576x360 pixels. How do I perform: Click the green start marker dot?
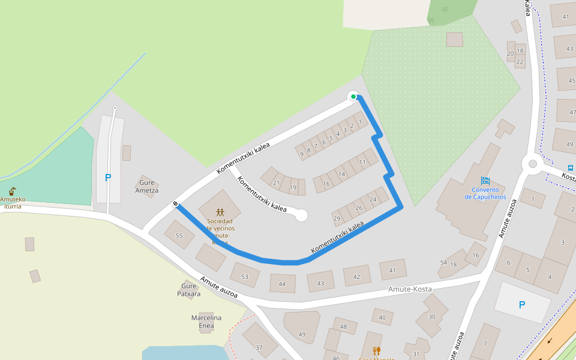353,97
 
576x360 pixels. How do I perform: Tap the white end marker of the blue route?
176,205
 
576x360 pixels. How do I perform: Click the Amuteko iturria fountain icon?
13,191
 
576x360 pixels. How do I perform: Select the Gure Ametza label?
147,187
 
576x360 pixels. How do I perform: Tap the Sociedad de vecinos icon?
220,212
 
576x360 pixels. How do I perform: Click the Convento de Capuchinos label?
485,193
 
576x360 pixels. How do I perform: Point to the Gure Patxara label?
189,290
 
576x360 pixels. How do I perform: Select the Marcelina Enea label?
206,322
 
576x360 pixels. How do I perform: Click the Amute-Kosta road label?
410,289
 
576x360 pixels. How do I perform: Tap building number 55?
179,236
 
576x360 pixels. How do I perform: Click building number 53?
244,276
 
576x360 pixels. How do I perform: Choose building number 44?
282,284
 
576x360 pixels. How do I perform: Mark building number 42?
356,277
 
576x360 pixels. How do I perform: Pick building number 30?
431,316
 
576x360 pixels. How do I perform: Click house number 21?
276,183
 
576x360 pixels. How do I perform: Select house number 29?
337,218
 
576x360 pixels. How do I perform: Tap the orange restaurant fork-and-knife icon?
376,350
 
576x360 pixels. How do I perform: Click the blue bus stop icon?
571,168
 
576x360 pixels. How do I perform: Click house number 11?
362,162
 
